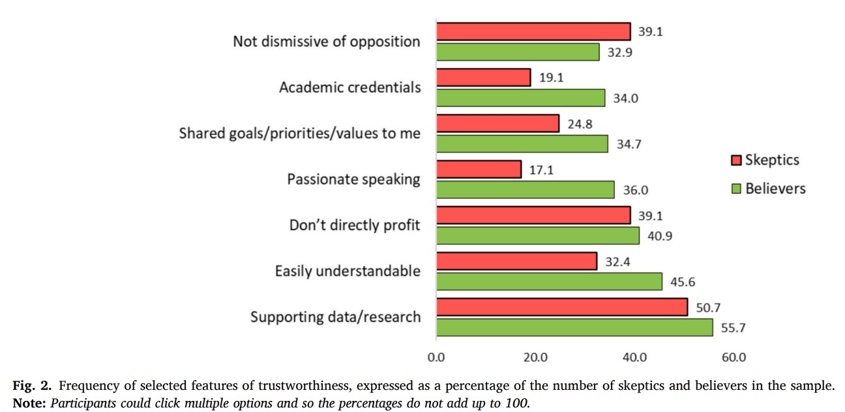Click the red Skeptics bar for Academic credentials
pyautogui.click(x=483, y=78)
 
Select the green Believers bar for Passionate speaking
pyautogui.click(x=525, y=190)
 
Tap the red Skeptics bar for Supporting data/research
pyautogui.click(x=561, y=307)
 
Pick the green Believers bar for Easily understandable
pyautogui.click(x=549, y=282)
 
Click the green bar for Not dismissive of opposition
pyautogui.click(x=518, y=51)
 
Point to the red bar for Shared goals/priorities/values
pyautogui.click(x=497, y=123)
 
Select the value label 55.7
pyautogui.click(x=732, y=328)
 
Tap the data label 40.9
pyautogui.click(x=658, y=236)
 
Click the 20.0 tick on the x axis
pyautogui.click(x=535, y=358)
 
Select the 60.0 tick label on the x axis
pyautogui.click(x=734, y=358)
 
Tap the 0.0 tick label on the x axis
pyautogui.click(x=436, y=358)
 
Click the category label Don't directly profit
pyautogui.click(x=355, y=226)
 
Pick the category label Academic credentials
pyautogui.click(x=349, y=87)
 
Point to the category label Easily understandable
pyautogui.click(x=348, y=271)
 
